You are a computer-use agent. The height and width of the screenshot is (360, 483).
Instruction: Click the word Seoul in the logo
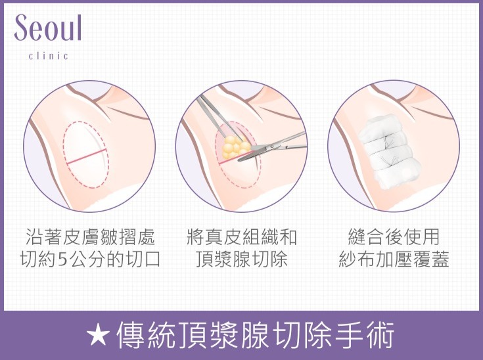click(48, 28)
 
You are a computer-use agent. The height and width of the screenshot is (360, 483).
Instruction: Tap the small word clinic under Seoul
click(49, 56)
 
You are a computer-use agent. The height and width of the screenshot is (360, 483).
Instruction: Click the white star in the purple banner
click(98, 334)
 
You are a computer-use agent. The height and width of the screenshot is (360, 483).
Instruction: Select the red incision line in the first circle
click(87, 156)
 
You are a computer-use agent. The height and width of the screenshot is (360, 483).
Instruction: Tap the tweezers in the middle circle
click(219, 118)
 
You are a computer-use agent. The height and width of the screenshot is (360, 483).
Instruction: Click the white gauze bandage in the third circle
click(389, 152)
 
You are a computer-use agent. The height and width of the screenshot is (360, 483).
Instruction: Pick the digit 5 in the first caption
click(62, 259)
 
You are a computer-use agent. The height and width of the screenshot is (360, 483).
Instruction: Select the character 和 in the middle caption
click(287, 236)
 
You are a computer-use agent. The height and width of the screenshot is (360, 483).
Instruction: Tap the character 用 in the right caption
click(430, 236)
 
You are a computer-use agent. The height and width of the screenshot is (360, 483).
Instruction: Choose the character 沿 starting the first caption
click(34, 236)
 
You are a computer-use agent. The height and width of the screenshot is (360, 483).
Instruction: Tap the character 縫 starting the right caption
click(357, 236)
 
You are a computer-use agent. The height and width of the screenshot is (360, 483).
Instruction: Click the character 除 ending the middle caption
click(279, 259)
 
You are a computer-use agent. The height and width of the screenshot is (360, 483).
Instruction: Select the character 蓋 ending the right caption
click(439, 259)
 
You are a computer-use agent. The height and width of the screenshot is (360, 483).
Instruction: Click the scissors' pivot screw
click(271, 146)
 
